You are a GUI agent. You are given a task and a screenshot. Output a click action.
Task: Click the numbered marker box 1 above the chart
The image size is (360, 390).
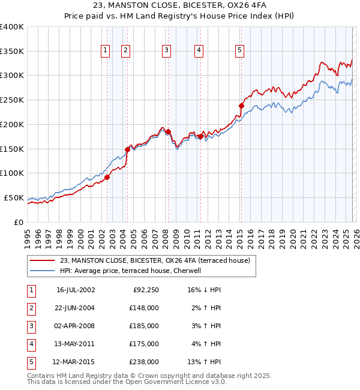point(106,51)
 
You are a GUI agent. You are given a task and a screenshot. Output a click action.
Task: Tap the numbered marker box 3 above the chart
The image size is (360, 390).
point(166,51)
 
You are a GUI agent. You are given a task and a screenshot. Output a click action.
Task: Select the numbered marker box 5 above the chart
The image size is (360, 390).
point(239,51)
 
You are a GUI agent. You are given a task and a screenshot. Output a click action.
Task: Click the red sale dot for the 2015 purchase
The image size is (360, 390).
point(241,106)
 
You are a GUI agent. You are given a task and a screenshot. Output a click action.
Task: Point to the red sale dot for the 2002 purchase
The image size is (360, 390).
point(107,177)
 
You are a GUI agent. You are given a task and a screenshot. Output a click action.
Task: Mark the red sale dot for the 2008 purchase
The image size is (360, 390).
point(168,131)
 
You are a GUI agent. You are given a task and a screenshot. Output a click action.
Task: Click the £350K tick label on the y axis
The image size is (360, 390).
point(11,52)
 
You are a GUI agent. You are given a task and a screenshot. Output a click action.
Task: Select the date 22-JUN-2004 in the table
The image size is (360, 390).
point(76,308)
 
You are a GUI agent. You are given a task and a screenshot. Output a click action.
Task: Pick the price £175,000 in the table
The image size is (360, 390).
point(144,344)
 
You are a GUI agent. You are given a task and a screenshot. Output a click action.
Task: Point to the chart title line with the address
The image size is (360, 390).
point(180,7)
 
